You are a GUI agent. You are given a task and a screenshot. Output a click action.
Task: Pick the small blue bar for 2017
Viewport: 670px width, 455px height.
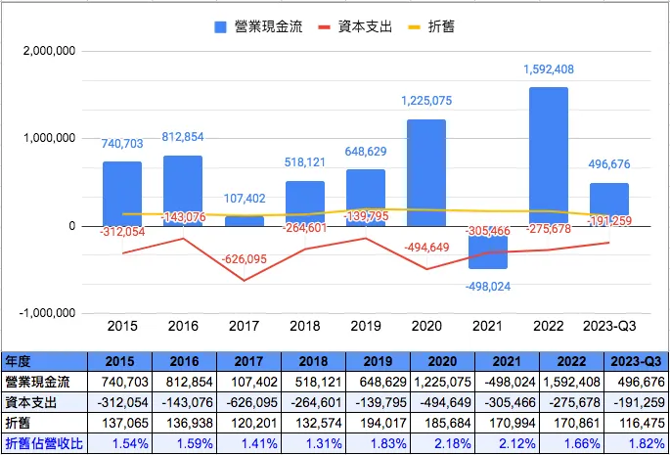click(x=245, y=221)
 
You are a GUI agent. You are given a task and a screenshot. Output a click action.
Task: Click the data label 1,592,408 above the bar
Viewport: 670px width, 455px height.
click(x=548, y=69)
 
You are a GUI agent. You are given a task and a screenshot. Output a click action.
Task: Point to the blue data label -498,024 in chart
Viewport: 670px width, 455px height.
click(x=487, y=287)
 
